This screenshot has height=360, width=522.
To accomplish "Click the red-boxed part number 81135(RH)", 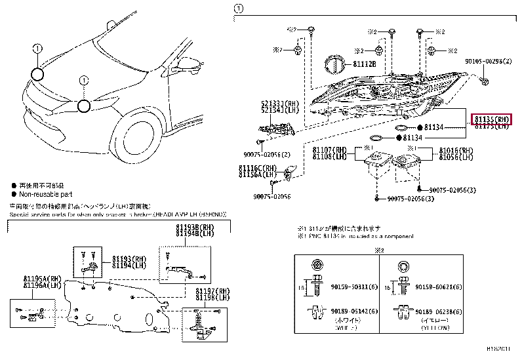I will pos(491,119).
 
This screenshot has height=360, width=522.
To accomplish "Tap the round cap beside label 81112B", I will pos(336,66).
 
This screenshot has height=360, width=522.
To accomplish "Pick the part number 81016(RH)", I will pos(456,150).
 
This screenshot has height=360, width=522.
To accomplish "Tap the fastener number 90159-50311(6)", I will pos(354,287).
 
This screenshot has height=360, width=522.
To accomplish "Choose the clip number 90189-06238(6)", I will pos(440,313).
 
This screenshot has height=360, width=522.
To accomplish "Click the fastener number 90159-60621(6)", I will pos(440,287).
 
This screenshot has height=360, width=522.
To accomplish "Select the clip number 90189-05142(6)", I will pos(354,313).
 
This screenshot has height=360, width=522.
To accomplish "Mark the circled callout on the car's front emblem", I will pos(83,106).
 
